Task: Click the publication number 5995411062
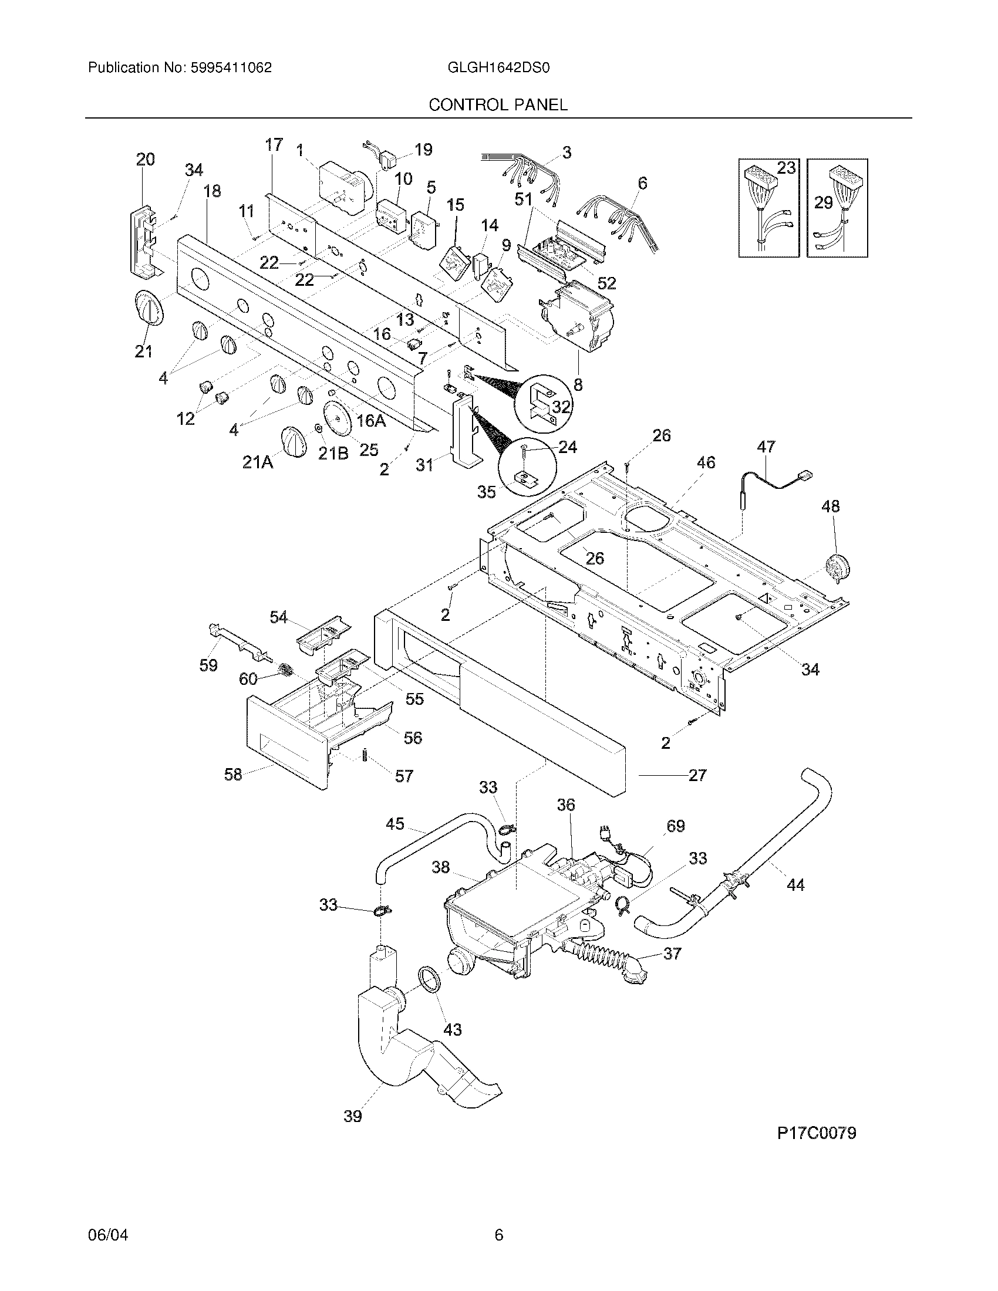pyautogui.click(x=231, y=68)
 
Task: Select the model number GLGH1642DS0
pyautogui.click(x=499, y=68)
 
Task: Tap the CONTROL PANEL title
pyautogui.click(x=498, y=105)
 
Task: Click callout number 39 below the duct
pyautogui.click(x=352, y=1116)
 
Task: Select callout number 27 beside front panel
pyautogui.click(x=697, y=775)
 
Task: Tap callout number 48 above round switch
pyautogui.click(x=830, y=506)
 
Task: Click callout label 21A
pyautogui.click(x=258, y=462)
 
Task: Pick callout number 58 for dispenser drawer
pyautogui.click(x=233, y=775)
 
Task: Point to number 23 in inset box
pyautogui.click(x=785, y=168)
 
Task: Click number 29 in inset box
pyautogui.click(x=823, y=203)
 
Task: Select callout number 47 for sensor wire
pyautogui.click(x=766, y=447)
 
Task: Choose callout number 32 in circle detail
pyautogui.click(x=561, y=407)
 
